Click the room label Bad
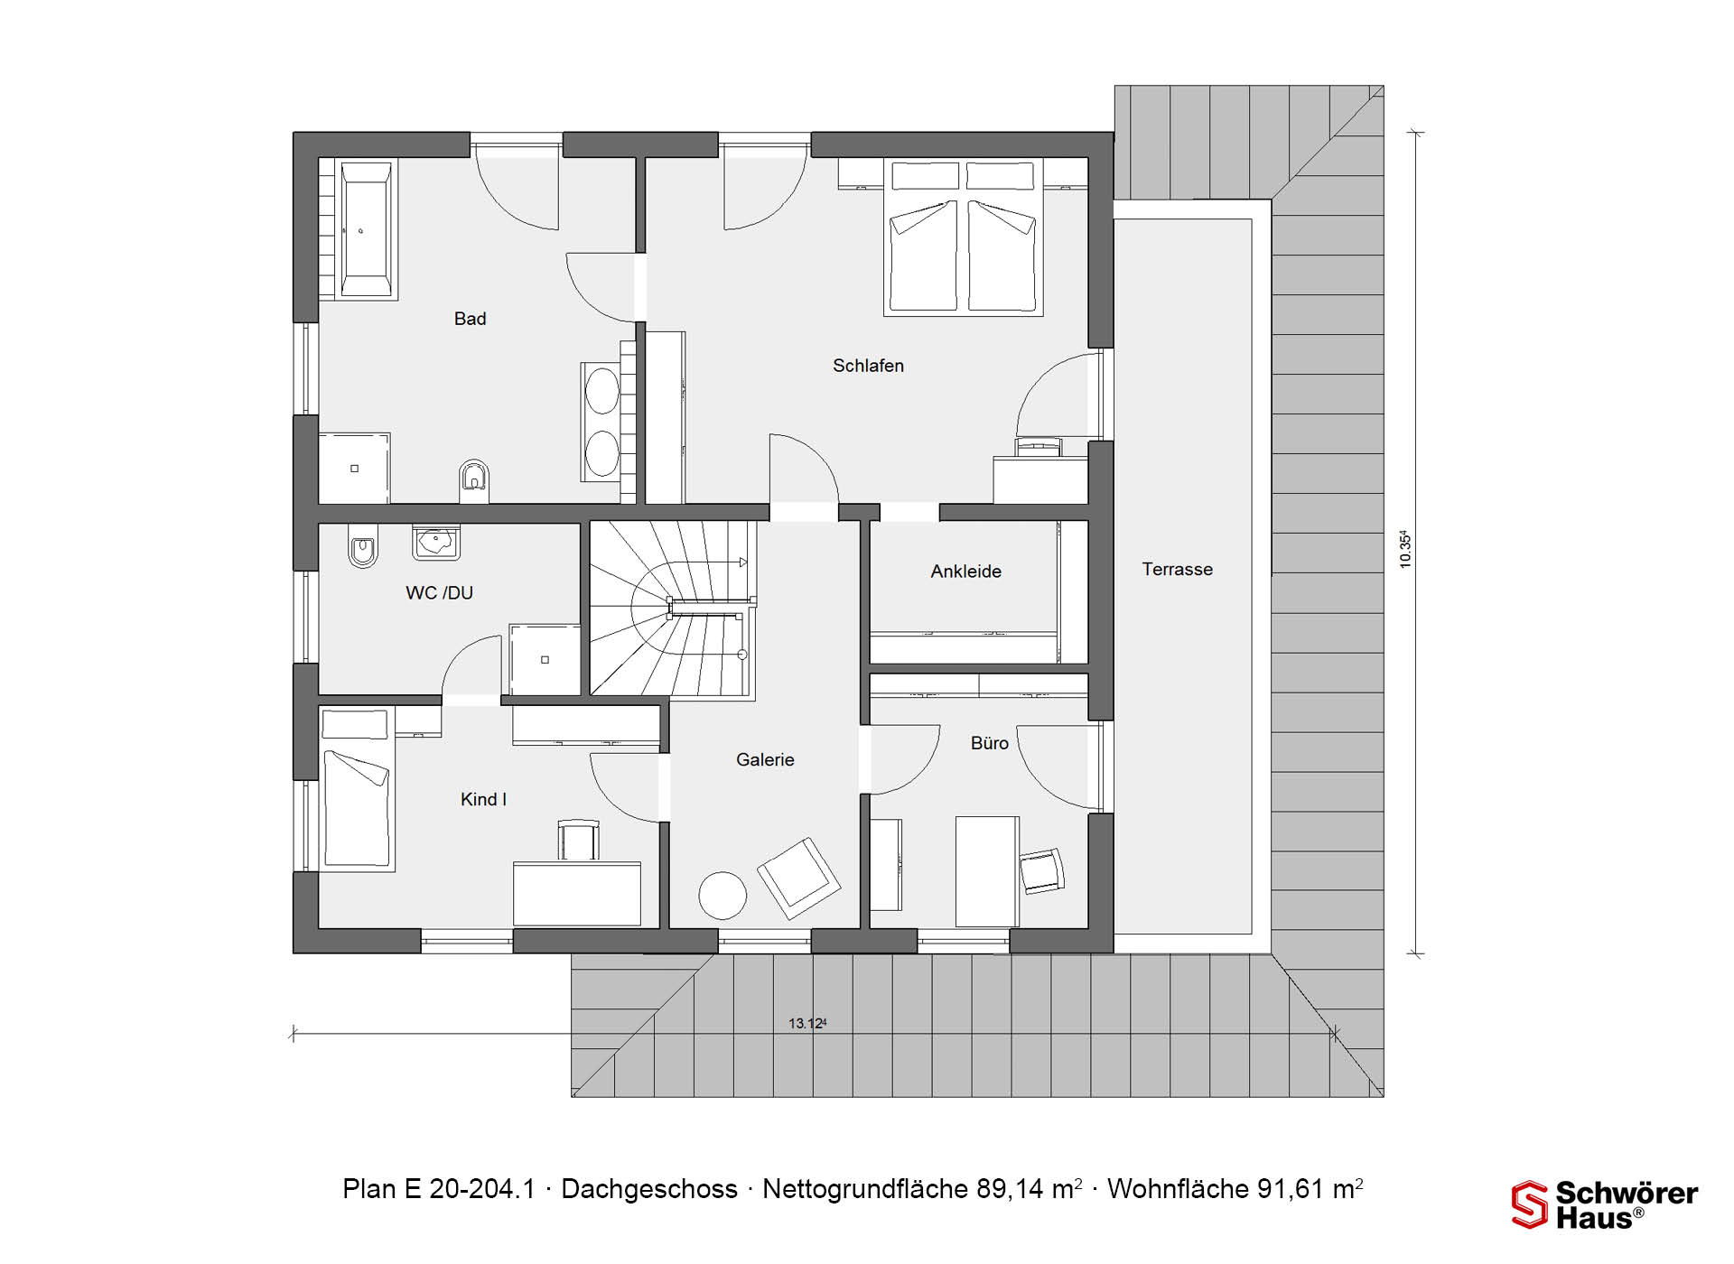[x=470, y=319]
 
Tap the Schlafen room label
[x=868, y=366]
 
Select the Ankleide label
[x=965, y=572]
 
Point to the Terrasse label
[x=1177, y=570]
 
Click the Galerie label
[x=765, y=760]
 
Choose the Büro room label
[x=989, y=743]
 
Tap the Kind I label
[x=483, y=799]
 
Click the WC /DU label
[x=439, y=593]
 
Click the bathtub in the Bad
[x=367, y=230]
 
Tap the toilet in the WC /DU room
[x=362, y=547]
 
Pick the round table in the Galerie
[x=722, y=895]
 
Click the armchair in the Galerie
[x=798, y=878]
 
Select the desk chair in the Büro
[x=1041, y=871]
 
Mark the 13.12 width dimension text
[x=807, y=1023]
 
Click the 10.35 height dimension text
[x=1404, y=549]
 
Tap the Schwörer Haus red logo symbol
[x=1529, y=1204]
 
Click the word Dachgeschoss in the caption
[x=649, y=1189]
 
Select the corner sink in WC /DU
[x=436, y=542]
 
